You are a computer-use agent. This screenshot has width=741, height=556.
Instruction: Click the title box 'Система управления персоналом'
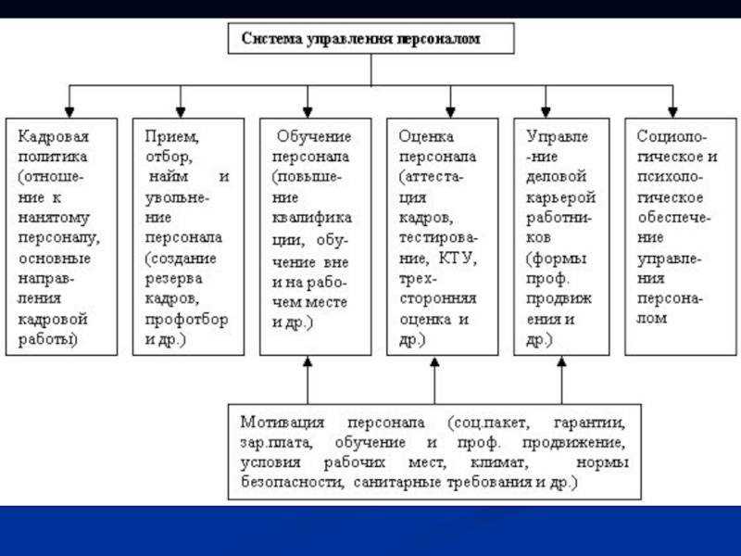371,38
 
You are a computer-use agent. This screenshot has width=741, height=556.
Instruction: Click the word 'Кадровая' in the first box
54,136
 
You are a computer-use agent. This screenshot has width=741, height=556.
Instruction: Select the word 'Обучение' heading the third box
314,136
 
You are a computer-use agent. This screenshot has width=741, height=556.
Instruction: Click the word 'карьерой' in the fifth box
561,197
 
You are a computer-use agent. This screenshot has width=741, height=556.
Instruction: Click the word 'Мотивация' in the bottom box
283,422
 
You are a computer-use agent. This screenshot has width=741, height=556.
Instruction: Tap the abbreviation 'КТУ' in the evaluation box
458,259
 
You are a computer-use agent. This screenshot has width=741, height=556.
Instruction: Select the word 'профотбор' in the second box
187,320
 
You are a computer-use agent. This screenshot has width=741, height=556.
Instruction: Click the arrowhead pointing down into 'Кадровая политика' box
69,112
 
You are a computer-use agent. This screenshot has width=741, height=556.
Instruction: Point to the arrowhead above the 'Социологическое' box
673,112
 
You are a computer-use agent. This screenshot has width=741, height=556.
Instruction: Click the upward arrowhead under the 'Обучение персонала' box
308,361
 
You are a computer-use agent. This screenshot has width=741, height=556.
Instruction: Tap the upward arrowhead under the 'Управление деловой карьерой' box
562,361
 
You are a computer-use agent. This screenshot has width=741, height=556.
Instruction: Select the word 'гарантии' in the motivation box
589,423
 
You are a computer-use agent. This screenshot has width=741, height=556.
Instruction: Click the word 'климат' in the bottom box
499,461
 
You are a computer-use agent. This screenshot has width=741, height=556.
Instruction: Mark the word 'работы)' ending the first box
48,339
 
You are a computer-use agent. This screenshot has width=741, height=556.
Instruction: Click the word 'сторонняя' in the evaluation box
438,298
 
